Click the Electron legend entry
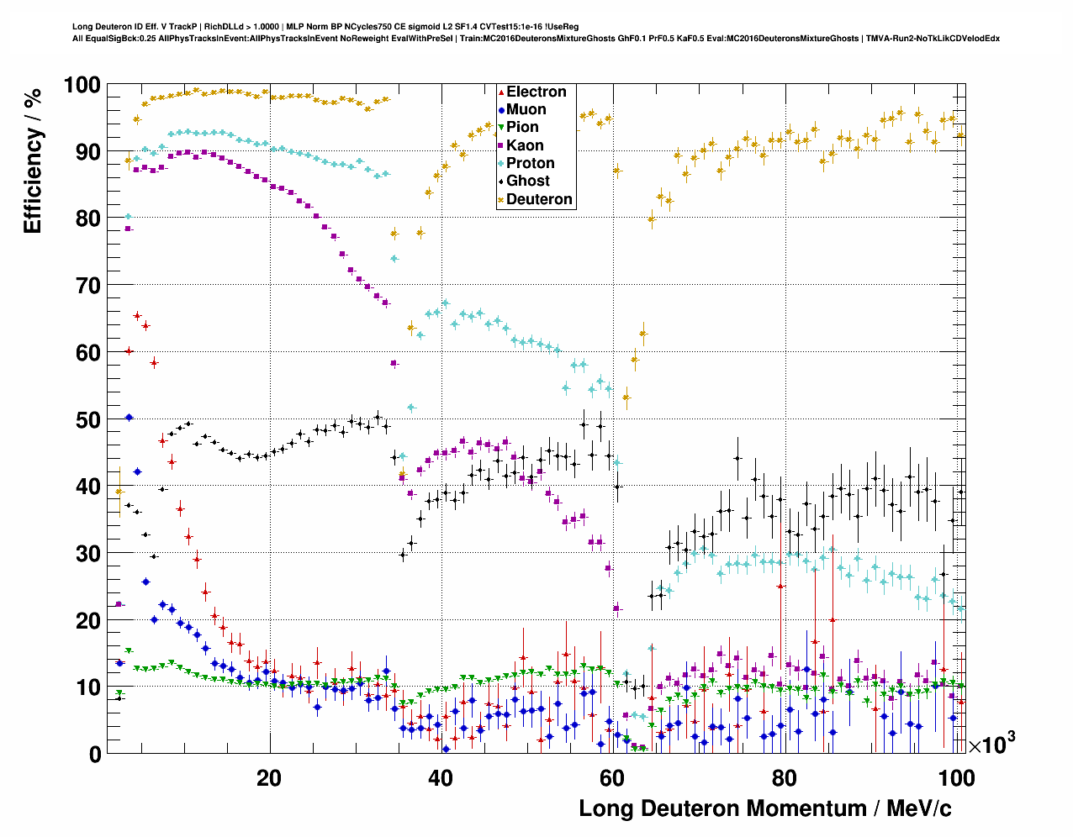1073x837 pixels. [x=536, y=92]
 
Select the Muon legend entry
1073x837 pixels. [x=526, y=109]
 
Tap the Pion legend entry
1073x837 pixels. [x=522, y=127]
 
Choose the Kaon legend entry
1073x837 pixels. [x=525, y=145]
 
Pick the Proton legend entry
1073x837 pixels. [x=530, y=163]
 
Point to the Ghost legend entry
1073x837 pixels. [x=527, y=181]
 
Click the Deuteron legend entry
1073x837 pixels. [x=539, y=199]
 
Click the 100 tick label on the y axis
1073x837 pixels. [x=82, y=85]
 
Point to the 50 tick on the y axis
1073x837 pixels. [x=88, y=419]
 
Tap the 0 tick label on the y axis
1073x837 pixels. [x=94, y=754]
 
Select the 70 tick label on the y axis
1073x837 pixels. [x=88, y=286]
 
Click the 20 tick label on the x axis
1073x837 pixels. [x=269, y=777]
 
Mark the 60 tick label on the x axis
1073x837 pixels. [x=612, y=777]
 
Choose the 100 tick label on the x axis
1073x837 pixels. [x=956, y=777]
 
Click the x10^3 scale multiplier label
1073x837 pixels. [x=991, y=745]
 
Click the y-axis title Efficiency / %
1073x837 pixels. [x=32, y=160]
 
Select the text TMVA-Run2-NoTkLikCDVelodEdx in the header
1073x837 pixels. [x=933, y=38]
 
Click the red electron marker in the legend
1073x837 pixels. [x=502, y=92]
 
